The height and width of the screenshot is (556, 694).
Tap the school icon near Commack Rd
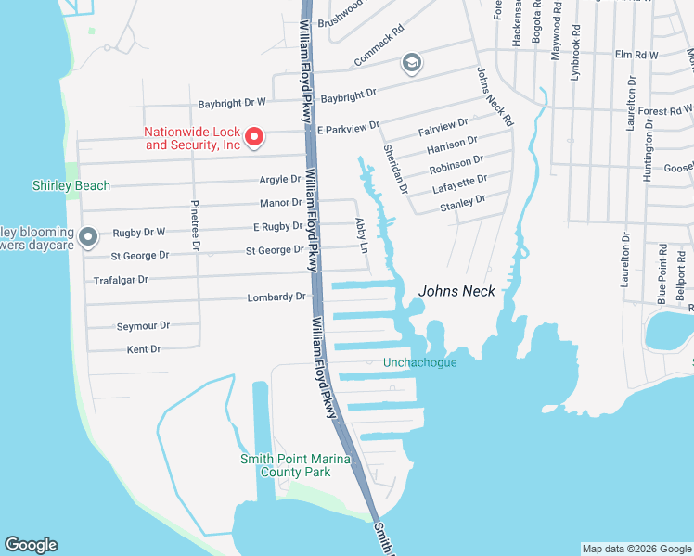point(411,64)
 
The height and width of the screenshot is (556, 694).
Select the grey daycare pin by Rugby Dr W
point(88,238)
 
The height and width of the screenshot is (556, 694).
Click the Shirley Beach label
point(71,185)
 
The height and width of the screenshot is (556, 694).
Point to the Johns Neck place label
point(456,291)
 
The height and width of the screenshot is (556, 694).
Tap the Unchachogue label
point(420,362)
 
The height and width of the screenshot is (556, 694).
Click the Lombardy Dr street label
point(276,297)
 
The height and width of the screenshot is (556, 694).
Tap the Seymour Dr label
point(143,326)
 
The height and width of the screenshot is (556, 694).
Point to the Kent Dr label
point(143,349)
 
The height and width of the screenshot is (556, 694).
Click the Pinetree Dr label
point(195,225)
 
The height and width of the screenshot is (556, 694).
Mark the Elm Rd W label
point(636,55)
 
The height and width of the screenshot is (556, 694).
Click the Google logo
point(31,545)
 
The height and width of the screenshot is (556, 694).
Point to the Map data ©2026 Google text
point(636,549)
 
